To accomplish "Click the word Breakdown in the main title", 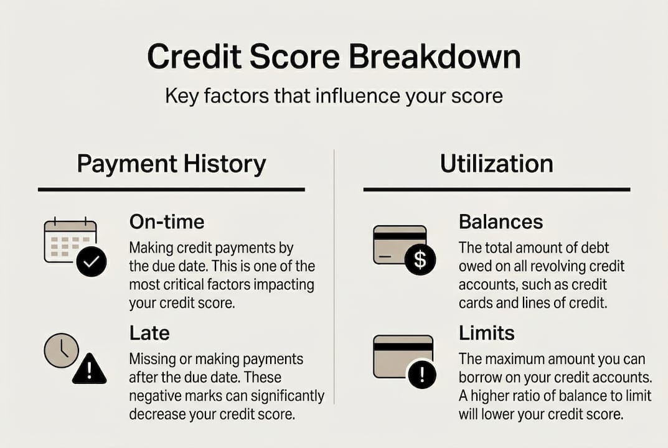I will [x=434, y=57].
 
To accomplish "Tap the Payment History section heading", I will [x=171, y=164].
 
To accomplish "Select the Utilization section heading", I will [x=496, y=164].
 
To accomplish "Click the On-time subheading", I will [x=167, y=222].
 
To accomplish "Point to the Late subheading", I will [x=149, y=334].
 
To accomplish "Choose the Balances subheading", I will [x=501, y=222].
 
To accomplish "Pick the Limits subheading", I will [x=487, y=334].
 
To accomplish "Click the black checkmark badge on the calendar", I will [x=92, y=262].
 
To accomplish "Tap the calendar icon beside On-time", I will [x=70, y=241].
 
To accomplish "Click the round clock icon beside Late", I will [x=61, y=350].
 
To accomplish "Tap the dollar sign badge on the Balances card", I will [x=420, y=259].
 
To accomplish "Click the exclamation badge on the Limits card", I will [x=421, y=374].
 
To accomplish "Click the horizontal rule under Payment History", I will [x=171, y=189].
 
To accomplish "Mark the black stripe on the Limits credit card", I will [x=403, y=348].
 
